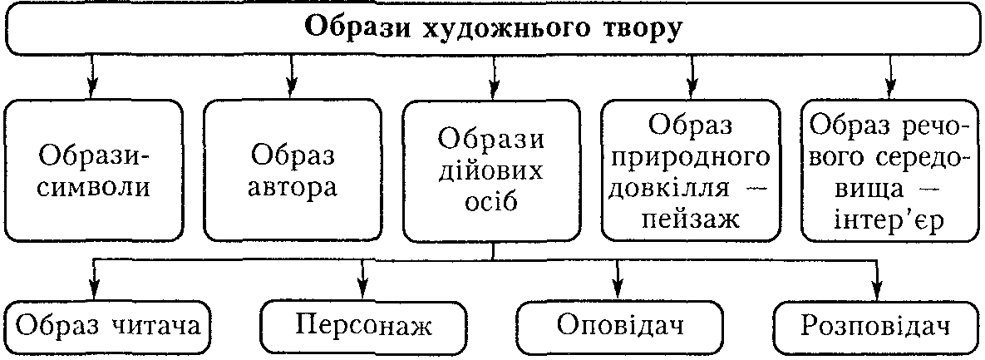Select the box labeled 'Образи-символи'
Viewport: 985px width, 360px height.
click(94, 170)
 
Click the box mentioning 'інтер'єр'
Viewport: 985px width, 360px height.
click(890, 170)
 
